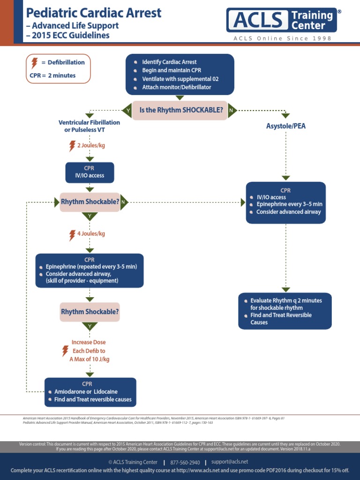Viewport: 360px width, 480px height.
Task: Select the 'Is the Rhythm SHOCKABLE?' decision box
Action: [180, 111]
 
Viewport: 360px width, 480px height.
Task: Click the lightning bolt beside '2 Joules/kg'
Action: [72, 146]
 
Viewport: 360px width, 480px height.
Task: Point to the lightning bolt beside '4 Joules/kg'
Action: [72, 234]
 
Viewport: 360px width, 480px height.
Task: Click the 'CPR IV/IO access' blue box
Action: [89, 172]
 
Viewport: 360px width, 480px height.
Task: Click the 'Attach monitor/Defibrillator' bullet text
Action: [176, 87]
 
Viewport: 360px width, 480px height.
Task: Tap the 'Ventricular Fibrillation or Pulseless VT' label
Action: [89, 126]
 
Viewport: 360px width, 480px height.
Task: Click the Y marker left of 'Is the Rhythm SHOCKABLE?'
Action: [127, 111]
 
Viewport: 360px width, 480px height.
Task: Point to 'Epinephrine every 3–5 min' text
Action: [289, 204]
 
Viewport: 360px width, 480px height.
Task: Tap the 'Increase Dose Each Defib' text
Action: [89, 346]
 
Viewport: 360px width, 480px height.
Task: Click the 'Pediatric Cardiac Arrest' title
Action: [94, 13]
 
